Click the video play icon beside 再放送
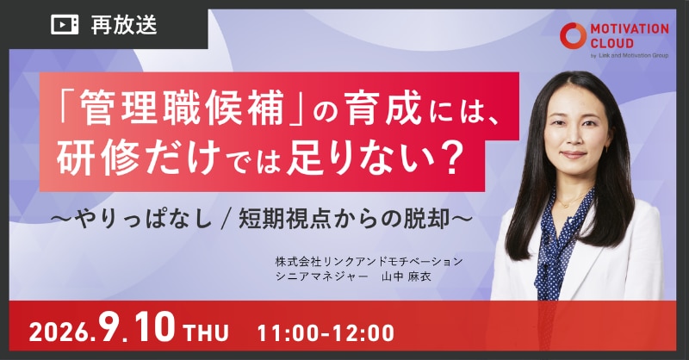point(65,25)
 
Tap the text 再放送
point(124,25)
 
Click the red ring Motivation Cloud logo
point(573,35)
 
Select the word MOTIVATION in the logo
point(630,29)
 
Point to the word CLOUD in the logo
point(611,43)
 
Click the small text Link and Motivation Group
point(633,55)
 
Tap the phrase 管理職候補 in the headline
point(181,108)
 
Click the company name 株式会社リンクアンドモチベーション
point(369,262)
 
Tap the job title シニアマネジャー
point(321,276)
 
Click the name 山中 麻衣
point(407,276)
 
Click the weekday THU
point(207,332)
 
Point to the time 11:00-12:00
point(326,332)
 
